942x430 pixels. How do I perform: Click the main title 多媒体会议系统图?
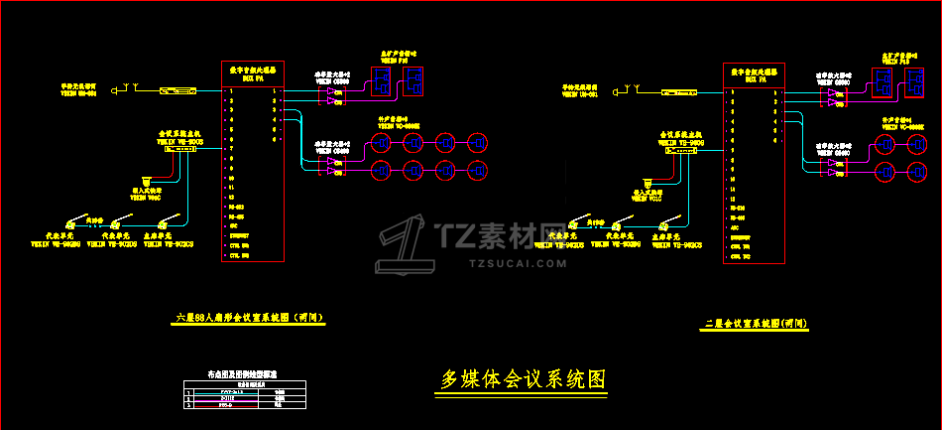[x=523, y=379]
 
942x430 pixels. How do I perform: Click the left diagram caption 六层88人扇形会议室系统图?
[x=250, y=318]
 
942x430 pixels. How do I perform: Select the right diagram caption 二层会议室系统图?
[x=755, y=324]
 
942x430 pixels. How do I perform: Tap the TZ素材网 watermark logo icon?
[x=405, y=244]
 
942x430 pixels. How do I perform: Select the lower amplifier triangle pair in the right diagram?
[x=835, y=170]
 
